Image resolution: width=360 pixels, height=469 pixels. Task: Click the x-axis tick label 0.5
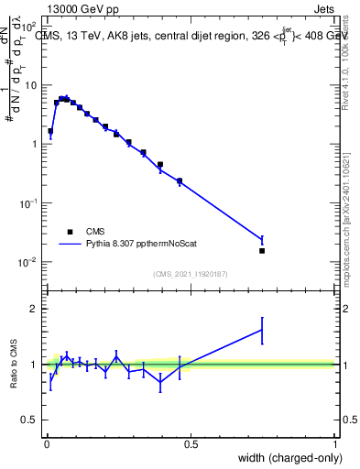191,444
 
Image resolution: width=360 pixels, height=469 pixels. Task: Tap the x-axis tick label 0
46,444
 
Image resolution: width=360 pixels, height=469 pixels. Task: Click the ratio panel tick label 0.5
29,420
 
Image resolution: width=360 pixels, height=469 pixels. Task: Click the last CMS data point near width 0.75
262,250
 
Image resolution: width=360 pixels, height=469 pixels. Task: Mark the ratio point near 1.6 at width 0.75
262,330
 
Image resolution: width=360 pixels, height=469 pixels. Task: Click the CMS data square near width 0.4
160,165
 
